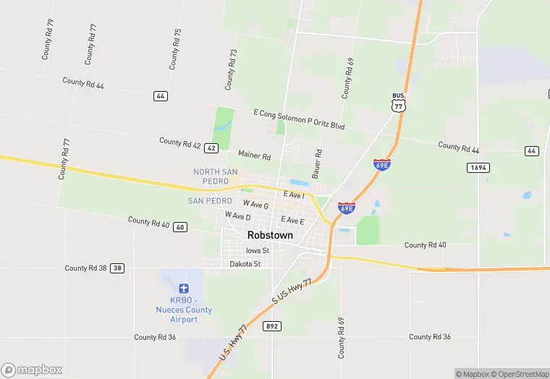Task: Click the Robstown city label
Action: click(x=271, y=235)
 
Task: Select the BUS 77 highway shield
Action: click(x=398, y=101)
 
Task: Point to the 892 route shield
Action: click(x=271, y=326)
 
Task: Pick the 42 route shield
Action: click(x=211, y=148)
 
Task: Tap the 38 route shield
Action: click(x=117, y=268)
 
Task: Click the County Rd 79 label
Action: click(x=48, y=38)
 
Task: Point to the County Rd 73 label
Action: click(x=231, y=69)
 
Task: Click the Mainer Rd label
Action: click(x=254, y=156)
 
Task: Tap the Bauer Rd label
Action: click(x=316, y=164)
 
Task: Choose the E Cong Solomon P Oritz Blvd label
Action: click(x=299, y=120)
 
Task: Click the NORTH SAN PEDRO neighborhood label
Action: click(x=211, y=176)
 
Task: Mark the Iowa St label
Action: click(x=257, y=251)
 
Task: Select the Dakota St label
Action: click(x=245, y=264)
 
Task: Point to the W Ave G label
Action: click(x=255, y=205)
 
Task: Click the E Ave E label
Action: click(x=292, y=220)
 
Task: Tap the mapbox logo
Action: click(x=33, y=370)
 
